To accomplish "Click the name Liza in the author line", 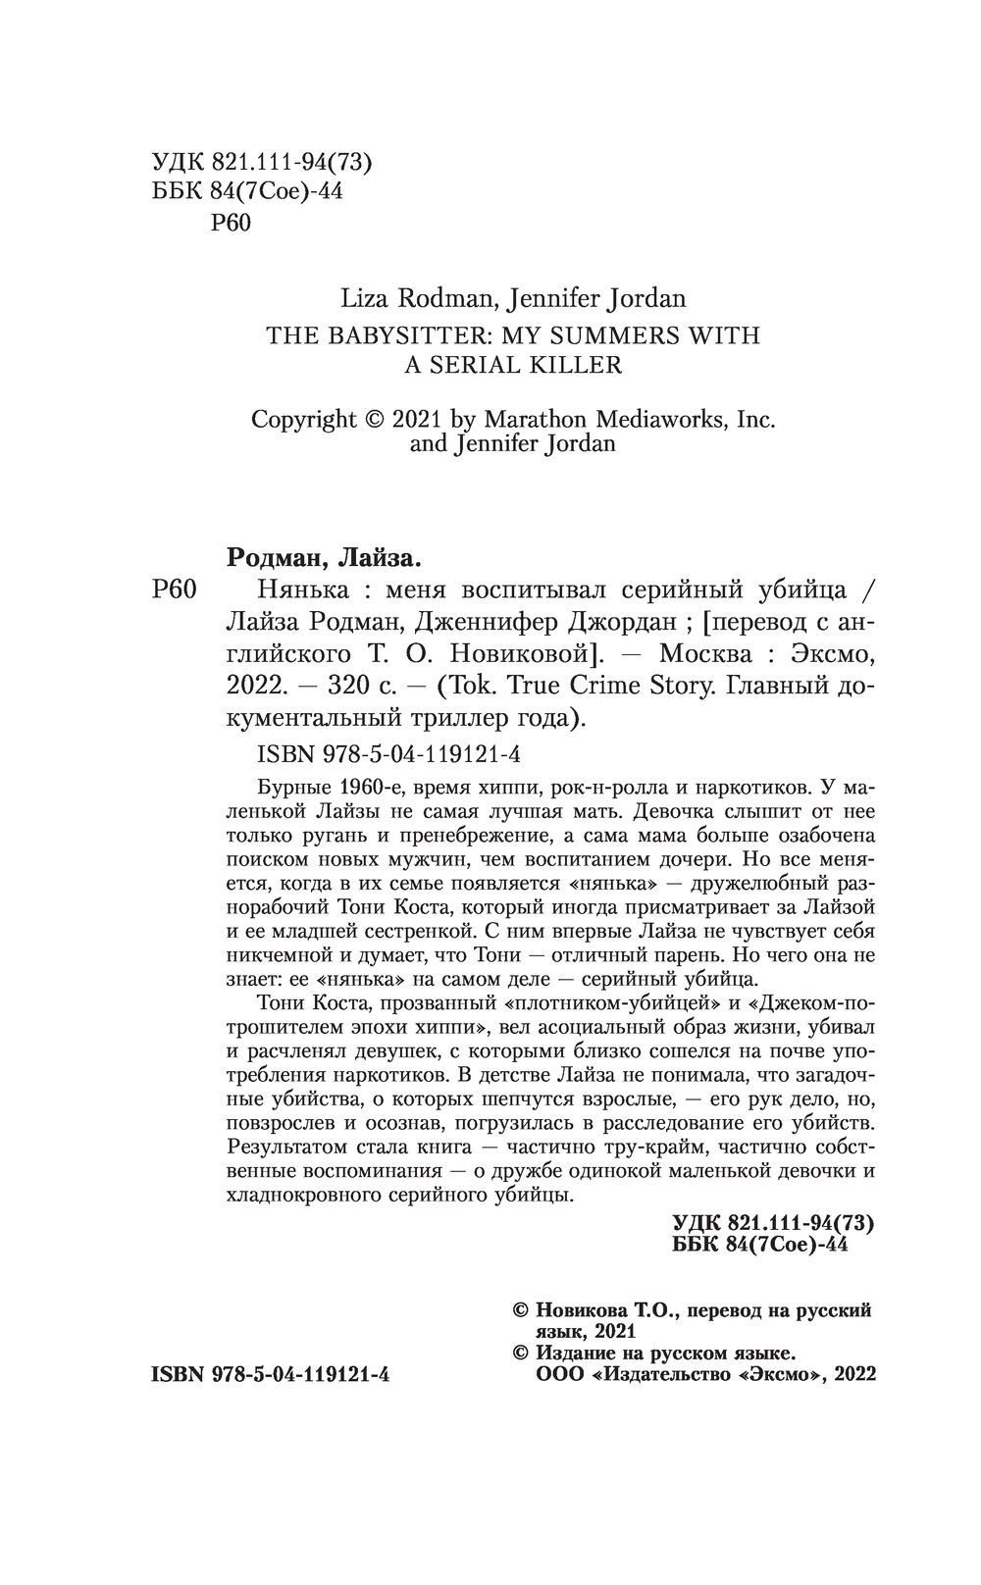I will [x=335, y=297].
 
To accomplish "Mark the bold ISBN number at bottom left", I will [x=270, y=1374].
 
